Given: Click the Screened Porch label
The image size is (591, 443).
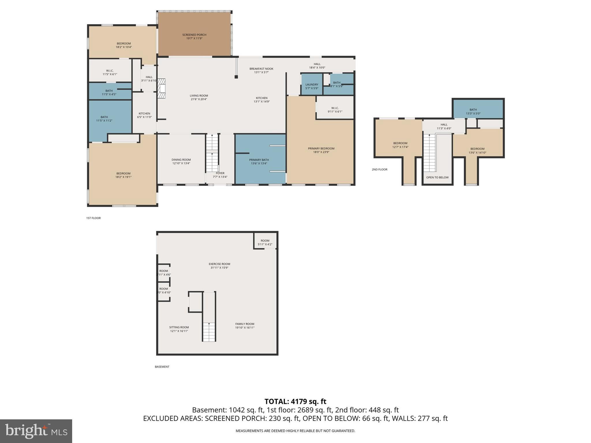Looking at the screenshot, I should (x=194, y=35).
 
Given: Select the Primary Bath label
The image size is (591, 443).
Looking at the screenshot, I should (x=259, y=160).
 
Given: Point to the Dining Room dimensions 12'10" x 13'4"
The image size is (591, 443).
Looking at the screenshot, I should (x=181, y=164).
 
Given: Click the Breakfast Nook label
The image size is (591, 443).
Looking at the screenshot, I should (x=261, y=69).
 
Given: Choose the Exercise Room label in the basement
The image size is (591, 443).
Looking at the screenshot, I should (x=219, y=264).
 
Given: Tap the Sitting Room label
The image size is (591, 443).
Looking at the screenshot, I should (x=179, y=327).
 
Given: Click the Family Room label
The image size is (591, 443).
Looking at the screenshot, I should (x=244, y=324).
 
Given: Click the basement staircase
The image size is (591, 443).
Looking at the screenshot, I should (x=209, y=332).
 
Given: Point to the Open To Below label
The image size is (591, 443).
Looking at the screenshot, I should (x=437, y=177).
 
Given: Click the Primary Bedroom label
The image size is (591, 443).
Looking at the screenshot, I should (x=321, y=149).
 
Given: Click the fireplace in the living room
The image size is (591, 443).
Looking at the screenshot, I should (x=163, y=89).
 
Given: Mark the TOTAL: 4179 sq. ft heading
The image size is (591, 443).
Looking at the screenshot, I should (x=295, y=401).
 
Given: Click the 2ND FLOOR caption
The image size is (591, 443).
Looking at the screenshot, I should (x=379, y=170).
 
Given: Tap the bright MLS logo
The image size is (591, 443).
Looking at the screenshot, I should (x=36, y=431).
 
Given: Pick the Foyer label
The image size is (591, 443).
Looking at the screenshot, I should (x=220, y=173).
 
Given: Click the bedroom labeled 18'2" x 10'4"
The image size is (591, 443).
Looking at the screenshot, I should (x=124, y=45).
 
